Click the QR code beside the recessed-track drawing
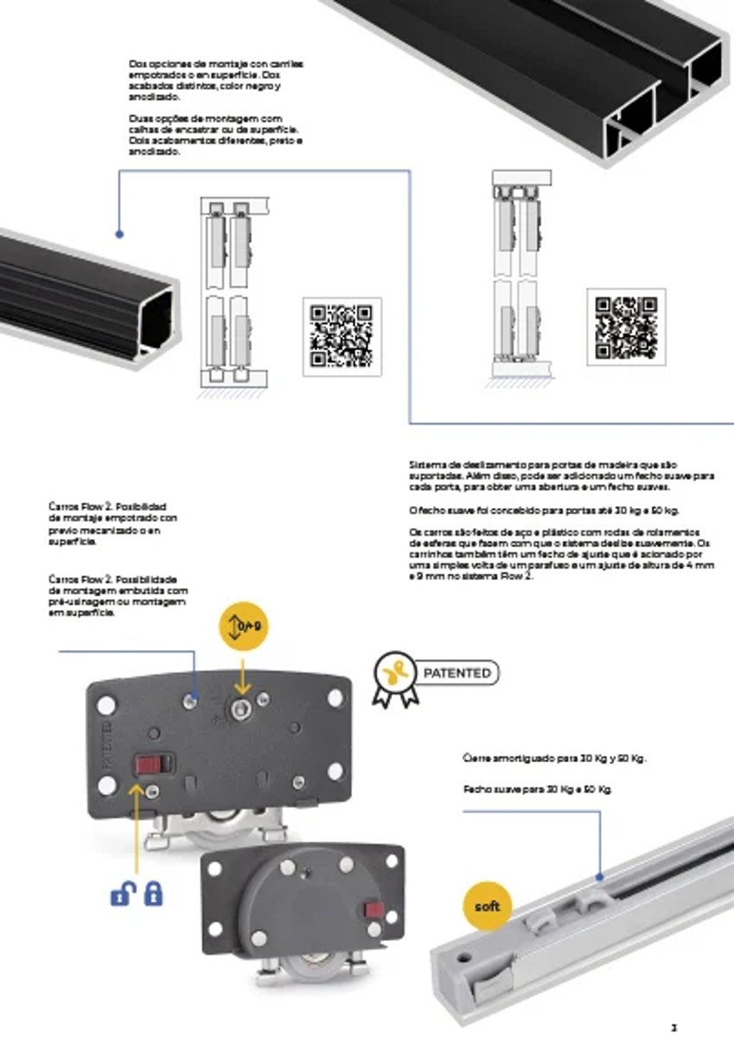(x=341, y=336)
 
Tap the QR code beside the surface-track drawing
(x=626, y=328)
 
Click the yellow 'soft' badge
(x=488, y=908)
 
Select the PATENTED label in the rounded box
(x=457, y=672)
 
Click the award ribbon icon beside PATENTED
(x=394, y=678)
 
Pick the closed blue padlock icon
(x=154, y=893)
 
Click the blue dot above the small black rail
(x=119, y=233)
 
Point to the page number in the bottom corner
(x=673, y=1027)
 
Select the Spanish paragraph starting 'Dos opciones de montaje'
(x=216, y=80)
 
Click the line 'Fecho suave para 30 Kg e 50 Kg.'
(x=543, y=789)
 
